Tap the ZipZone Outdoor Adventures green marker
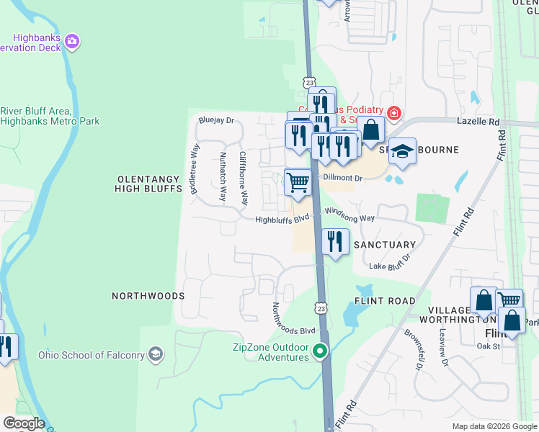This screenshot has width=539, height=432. (x=321, y=351)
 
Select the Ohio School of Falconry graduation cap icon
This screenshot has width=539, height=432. (x=156, y=354)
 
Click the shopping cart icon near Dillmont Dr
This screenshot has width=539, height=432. (x=298, y=181)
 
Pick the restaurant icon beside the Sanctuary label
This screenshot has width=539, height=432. (x=335, y=241)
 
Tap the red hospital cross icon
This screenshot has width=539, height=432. (x=393, y=113)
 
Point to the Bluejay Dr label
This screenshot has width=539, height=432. (x=217, y=121)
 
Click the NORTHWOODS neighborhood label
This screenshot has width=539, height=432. (x=148, y=296)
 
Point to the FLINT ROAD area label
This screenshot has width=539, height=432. (x=385, y=301)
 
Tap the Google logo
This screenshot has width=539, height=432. (x=23, y=423)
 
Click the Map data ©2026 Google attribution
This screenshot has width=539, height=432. (x=494, y=426)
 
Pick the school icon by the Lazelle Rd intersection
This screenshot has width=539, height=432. (x=404, y=151)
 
